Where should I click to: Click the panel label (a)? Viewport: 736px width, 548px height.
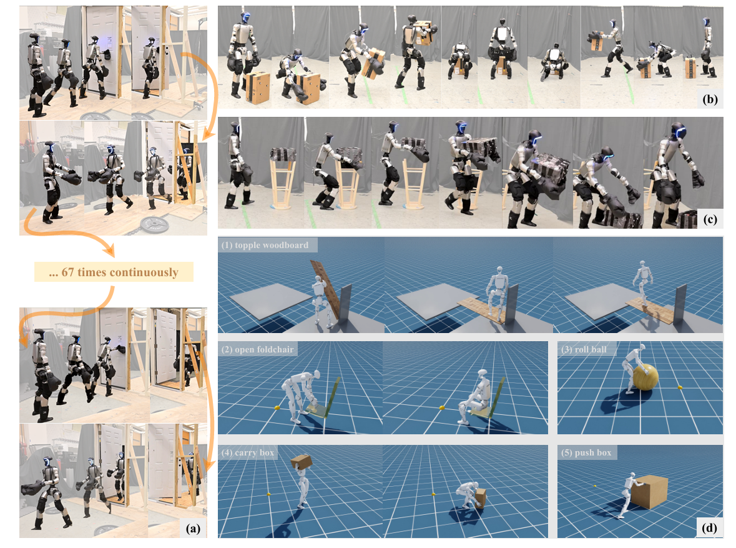[193, 528]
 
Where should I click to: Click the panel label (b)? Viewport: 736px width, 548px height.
[710, 99]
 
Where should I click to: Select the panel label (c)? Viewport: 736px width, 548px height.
[710, 219]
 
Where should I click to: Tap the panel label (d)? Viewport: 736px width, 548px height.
[710, 528]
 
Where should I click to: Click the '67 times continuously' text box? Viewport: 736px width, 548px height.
[114, 272]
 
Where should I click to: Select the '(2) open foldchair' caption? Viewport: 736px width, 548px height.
[258, 349]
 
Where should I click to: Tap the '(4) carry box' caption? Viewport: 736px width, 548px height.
[248, 452]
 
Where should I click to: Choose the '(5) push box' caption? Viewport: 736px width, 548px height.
[587, 452]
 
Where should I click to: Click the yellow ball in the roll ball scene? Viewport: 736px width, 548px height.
[646, 377]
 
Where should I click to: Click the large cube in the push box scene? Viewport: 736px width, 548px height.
[649, 491]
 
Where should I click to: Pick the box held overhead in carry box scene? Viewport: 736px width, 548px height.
[302, 462]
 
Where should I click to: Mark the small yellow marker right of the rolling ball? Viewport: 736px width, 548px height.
[680, 387]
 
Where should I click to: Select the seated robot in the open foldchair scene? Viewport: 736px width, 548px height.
[473, 397]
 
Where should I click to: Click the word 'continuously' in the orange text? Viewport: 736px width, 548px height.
[144, 272]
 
